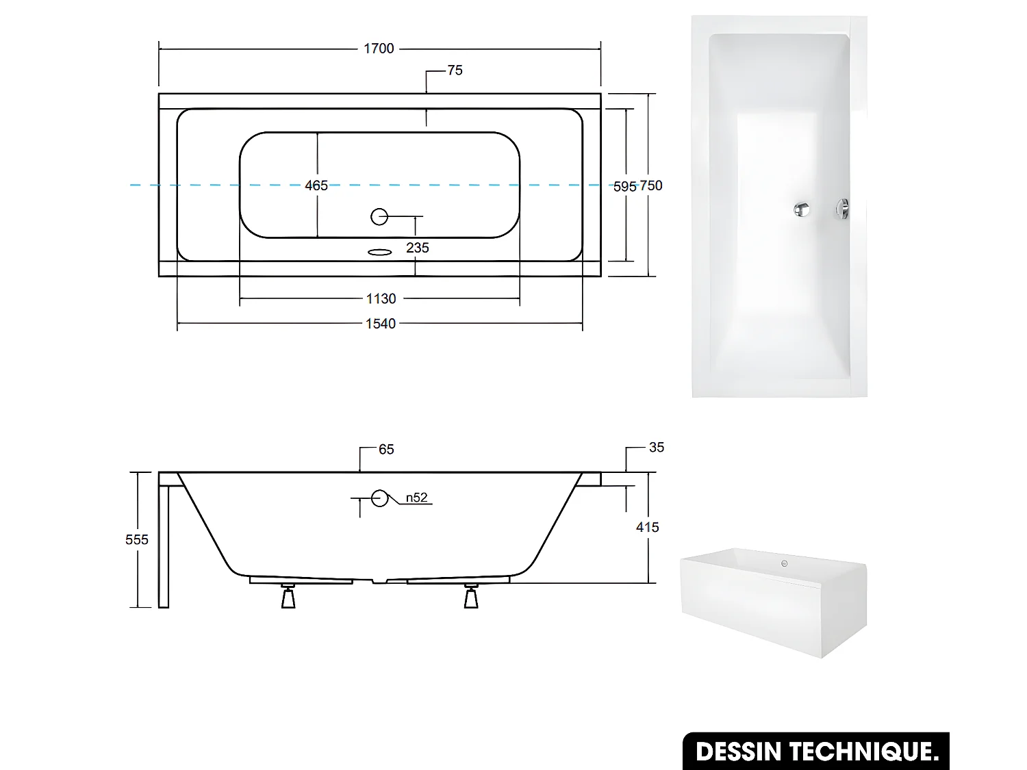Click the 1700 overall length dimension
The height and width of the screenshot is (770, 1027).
(x=379, y=49)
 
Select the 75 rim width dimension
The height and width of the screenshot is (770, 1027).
(x=455, y=70)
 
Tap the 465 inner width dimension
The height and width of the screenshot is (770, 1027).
(x=316, y=185)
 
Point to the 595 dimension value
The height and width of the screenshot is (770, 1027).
(x=624, y=186)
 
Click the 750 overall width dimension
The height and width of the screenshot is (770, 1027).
(x=651, y=185)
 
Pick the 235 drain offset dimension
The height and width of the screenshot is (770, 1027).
(x=417, y=248)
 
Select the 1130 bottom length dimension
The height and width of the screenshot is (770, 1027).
(x=381, y=299)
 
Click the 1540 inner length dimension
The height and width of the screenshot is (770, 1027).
(x=381, y=324)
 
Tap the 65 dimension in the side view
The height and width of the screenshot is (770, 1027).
(x=386, y=450)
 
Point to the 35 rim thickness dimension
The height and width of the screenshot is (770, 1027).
(x=656, y=448)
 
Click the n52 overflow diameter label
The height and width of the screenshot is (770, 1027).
(x=416, y=498)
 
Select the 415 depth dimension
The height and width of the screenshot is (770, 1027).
(x=647, y=528)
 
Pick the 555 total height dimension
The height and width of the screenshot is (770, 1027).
(x=137, y=540)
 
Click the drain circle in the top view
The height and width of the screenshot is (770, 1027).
(x=379, y=217)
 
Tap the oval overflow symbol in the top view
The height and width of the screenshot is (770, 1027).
(x=379, y=253)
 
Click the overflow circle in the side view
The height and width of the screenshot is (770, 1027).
(x=380, y=498)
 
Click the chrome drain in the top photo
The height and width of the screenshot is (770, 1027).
(x=802, y=209)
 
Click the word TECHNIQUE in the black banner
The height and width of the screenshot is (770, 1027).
(x=864, y=752)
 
